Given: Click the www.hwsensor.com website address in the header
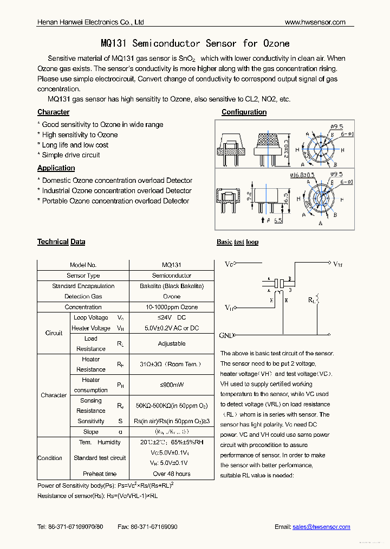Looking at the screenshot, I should click(x=315, y=22).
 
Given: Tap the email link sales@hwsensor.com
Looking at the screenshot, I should click(x=321, y=527).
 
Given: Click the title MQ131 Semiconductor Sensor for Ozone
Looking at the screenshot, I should click(x=195, y=43).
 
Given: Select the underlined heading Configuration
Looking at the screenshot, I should click(x=244, y=112).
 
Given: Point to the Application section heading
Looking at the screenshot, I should click(x=56, y=168).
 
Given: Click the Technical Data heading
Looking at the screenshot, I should click(x=61, y=242).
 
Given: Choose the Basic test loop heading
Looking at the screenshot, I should click(x=237, y=242).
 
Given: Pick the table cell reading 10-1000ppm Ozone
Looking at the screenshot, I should click(x=172, y=307).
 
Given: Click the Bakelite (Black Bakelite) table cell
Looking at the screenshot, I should click(x=172, y=286).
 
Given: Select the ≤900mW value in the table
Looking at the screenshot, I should click(x=172, y=385).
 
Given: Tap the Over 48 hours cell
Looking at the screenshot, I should click(x=172, y=474).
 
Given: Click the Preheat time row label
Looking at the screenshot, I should click(x=100, y=474).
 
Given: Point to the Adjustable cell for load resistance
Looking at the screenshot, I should click(x=172, y=343).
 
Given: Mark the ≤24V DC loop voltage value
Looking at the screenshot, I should click(x=172, y=317).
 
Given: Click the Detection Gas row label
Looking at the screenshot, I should click(x=83, y=297).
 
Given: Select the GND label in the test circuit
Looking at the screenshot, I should click(x=226, y=335).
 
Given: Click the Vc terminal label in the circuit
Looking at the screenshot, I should click(x=229, y=264).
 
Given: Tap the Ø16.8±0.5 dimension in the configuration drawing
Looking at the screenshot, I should click(x=302, y=175).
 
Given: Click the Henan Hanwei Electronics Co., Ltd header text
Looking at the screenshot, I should click(x=90, y=22).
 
